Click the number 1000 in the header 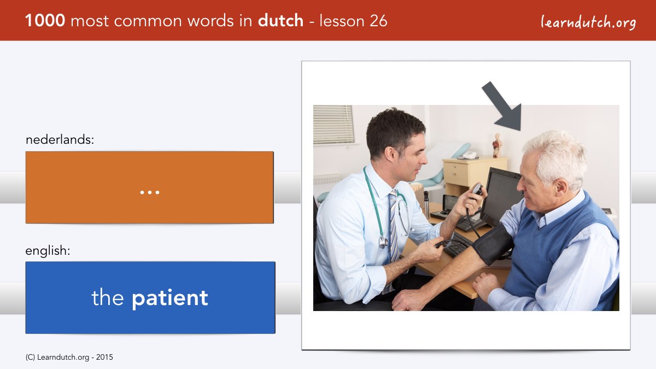click(45, 21)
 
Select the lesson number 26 click(378, 21)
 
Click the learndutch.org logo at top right click(588, 22)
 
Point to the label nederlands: click(60, 139)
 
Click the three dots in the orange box click(150, 192)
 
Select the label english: click(48, 251)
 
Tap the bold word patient click(170, 298)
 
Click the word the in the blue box click(108, 297)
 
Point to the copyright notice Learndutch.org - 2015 click(69, 358)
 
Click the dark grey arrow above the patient click(502, 106)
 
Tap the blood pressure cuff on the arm click(493, 244)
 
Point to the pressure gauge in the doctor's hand click(477, 190)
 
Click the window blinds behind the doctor click(333, 125)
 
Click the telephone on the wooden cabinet click(469, 155)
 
